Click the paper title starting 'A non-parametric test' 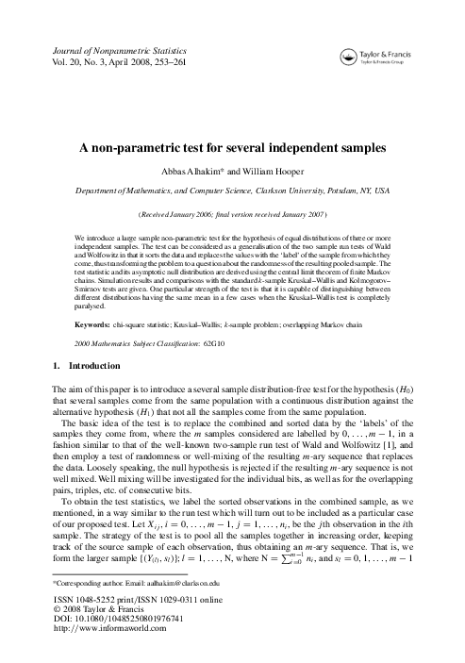232,149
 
